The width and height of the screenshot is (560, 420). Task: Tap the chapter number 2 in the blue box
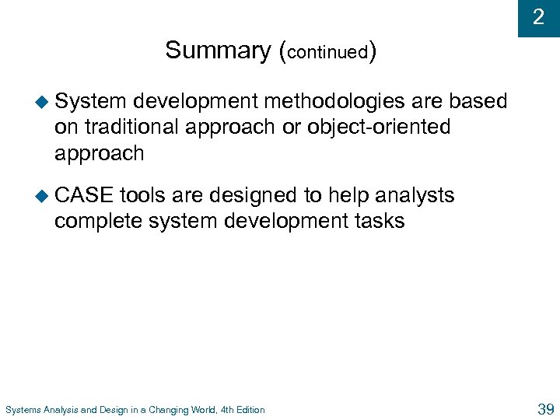coord(538,17)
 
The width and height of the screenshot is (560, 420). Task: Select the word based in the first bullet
coord(478,102)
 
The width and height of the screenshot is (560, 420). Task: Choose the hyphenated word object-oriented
coord(379,128)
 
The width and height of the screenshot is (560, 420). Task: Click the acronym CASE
coord(83,195)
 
